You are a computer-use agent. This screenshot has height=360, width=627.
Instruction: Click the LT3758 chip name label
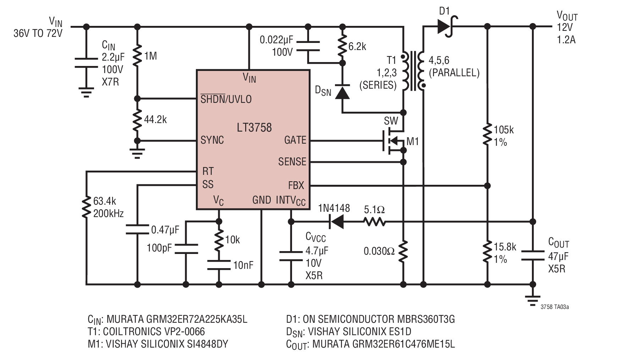point(254,127)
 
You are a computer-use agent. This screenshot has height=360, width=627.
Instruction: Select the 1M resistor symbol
point(137,56)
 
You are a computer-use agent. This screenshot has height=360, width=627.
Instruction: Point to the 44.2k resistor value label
point(155,120)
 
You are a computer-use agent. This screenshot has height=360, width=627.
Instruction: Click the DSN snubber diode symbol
point(342,91)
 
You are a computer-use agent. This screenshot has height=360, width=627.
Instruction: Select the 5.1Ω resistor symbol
point(374,222)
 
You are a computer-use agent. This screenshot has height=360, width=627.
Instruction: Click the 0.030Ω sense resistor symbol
point(403,251)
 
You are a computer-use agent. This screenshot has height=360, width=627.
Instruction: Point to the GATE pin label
point(295,140)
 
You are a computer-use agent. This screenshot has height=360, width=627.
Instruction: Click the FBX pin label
point(296,185)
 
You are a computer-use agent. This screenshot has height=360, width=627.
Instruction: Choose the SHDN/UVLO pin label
point(226,99)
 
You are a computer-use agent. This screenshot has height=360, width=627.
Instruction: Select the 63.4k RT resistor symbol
point(86,207)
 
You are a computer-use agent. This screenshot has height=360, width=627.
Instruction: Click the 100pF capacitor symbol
point(186,249)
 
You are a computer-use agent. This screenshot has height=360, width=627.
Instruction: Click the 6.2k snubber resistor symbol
point(342,45)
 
